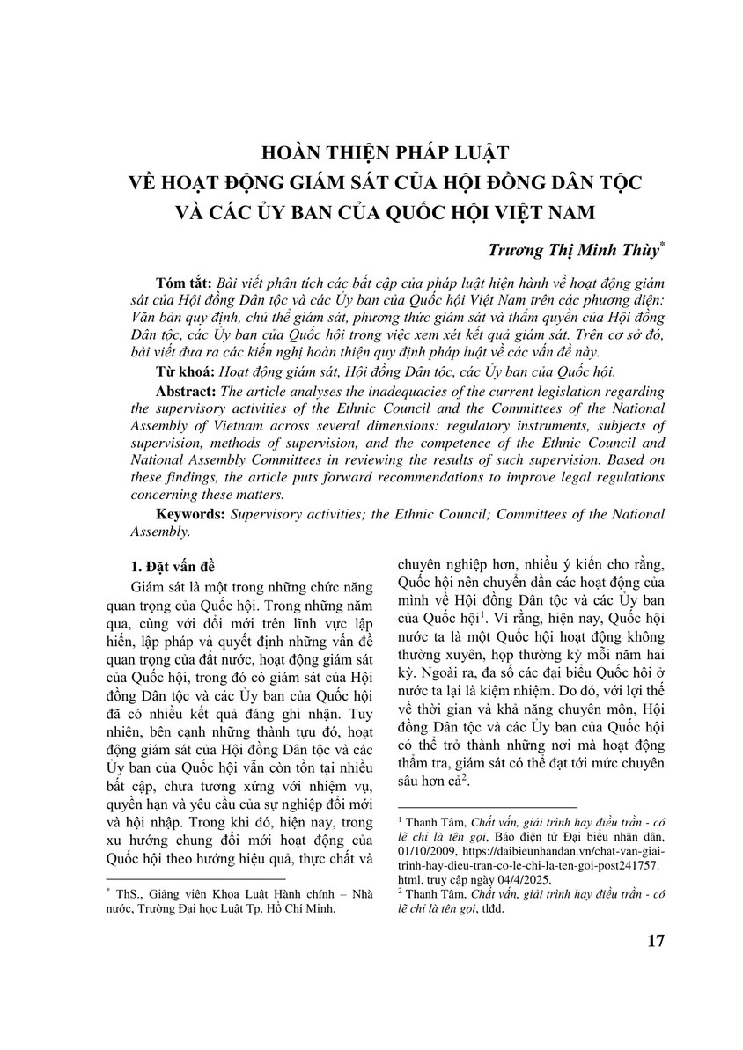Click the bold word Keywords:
[x=190, y=513]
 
